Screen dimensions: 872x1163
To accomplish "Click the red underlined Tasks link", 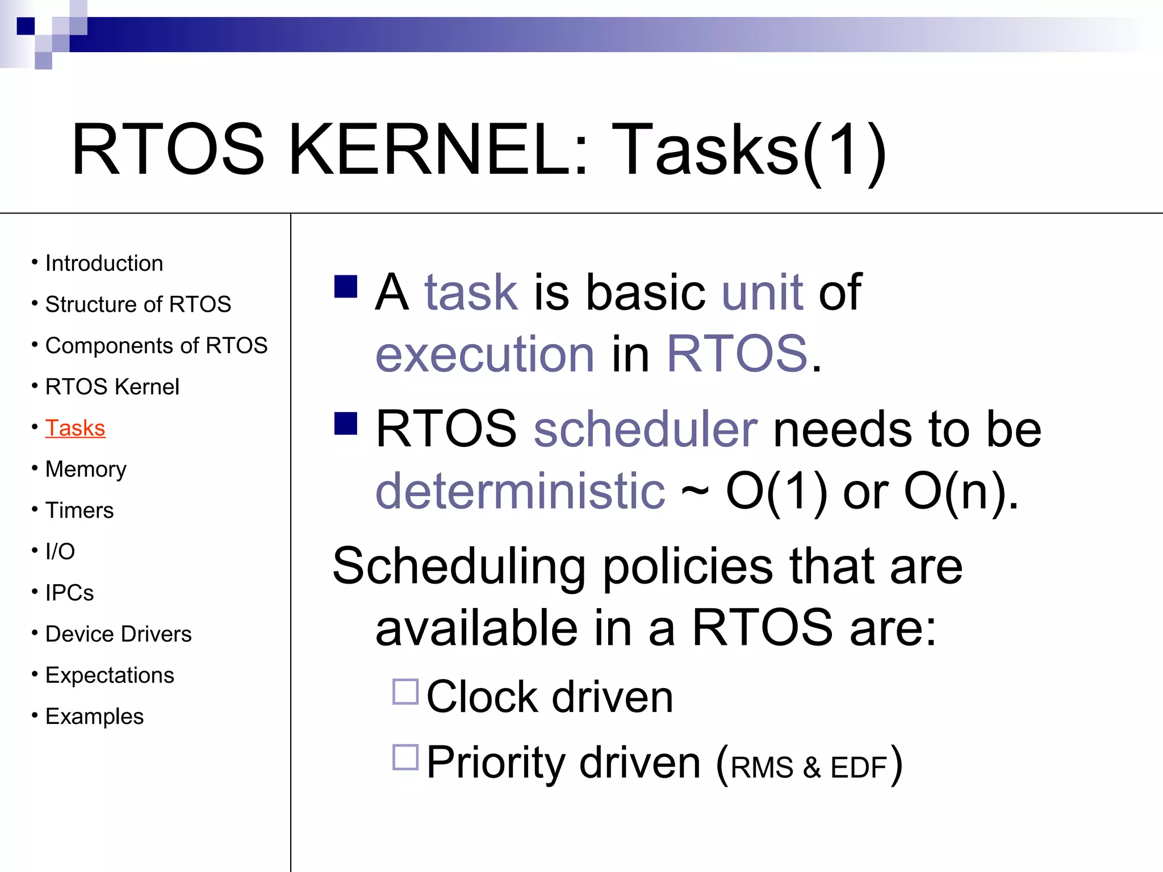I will point(75,428).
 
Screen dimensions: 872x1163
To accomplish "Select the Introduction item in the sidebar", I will point(104,263).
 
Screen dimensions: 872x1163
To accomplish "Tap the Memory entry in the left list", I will point(86,469).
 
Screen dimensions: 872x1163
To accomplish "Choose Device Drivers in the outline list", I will point(118,634).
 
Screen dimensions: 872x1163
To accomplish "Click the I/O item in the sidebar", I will point(60,551).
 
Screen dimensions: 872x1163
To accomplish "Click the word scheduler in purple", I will point(645,429).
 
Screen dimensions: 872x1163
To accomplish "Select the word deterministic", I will point(520,491).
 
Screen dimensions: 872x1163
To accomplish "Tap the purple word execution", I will point(484,354).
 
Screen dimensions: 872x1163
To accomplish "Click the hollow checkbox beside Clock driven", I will point(405,691).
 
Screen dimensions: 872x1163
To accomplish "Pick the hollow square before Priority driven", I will point(405,757).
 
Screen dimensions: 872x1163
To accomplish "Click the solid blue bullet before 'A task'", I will point(346,287).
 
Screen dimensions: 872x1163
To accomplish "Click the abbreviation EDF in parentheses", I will point(858,768).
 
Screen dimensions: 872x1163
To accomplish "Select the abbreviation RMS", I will point(762,768).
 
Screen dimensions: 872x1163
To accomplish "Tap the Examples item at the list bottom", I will point(94,716).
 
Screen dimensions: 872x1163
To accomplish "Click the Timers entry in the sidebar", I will point(80,510).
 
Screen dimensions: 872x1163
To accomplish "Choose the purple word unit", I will point(762,292).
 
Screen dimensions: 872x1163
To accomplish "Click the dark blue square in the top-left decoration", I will point(26,26).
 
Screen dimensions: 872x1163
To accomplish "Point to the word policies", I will point(687,566).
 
